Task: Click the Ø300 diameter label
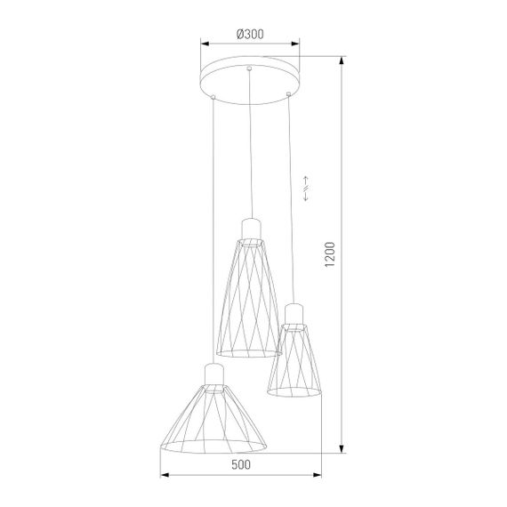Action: pos(249,34)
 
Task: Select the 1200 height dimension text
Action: pos(330,254)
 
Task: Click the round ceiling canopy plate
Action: pos(250,77)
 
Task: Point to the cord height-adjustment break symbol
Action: pos(307,189)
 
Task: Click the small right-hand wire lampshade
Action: pos(294,354)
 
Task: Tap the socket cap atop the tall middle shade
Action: pos(251,228)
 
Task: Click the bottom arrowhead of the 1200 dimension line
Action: pos(342,451)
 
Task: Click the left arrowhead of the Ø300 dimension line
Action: pos(203,42)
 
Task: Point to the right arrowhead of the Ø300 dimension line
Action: pos(298,42)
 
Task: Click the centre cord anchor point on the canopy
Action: pos(251,68)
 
